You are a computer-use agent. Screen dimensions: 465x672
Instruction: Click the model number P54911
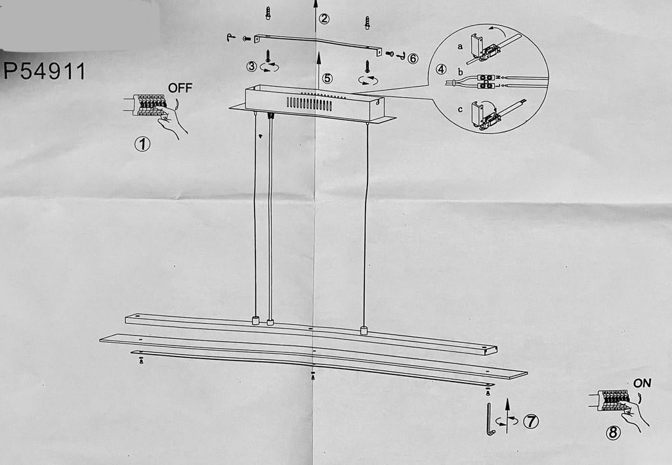tap(45, 71)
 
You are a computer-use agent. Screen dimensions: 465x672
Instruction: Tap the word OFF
tap(180, 87)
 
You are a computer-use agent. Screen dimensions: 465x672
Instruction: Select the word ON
tap(642, 383)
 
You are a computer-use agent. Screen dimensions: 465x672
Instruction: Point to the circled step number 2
tap(324, 18)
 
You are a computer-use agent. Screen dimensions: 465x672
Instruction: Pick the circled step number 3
tap(252, 66)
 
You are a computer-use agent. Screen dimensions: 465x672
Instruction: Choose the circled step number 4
tap(441, 69)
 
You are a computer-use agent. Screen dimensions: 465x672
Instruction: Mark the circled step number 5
tap(327, 78)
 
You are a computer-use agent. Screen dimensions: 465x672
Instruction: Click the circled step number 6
tap(412, 58)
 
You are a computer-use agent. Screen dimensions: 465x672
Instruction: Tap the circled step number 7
tap(530, 422)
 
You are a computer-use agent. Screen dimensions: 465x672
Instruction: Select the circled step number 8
tap(613, 433)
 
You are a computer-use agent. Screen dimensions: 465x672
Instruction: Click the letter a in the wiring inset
tap(460, 46)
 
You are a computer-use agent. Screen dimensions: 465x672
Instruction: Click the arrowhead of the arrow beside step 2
tap(316, 4)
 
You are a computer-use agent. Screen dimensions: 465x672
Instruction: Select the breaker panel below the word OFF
tap(149, 105)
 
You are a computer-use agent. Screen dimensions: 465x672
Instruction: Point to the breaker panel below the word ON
tap(613, 400)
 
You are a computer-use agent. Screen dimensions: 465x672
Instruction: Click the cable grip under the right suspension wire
tap(364, 330)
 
